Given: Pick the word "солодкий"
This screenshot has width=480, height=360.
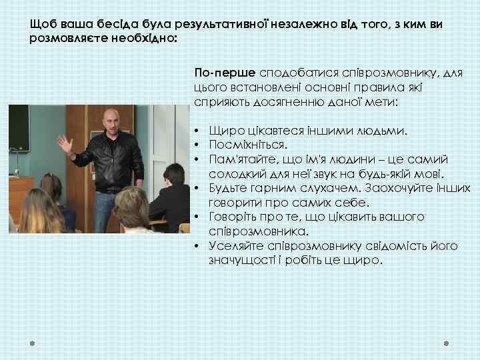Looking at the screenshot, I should tap(234, 173).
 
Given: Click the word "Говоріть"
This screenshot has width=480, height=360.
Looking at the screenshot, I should tap(232, 217).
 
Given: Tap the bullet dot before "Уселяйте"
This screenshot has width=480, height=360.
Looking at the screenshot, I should tap(198, 246).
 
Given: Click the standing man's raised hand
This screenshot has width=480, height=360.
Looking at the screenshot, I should tap(65, 143).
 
